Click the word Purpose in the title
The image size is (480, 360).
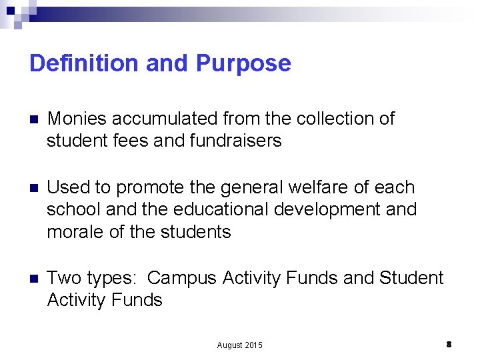click(244, 63)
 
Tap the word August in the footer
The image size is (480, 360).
click(230, 345)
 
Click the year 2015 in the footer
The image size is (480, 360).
click(254, 345)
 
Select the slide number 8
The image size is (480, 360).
click(449, 344)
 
